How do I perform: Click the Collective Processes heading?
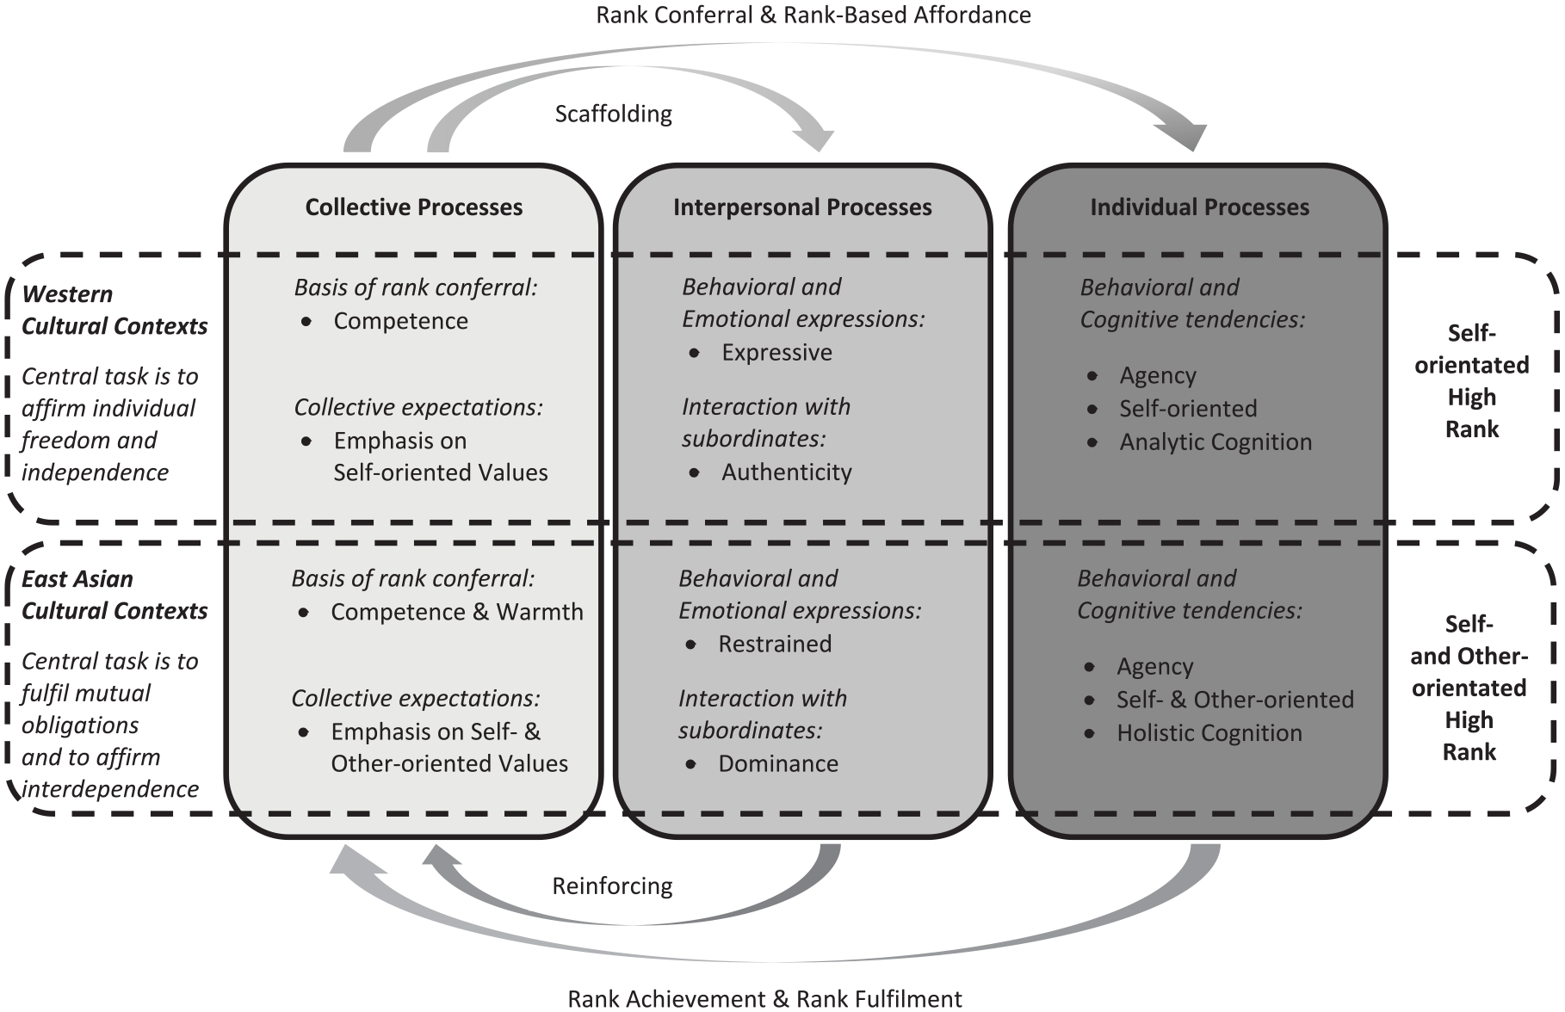pyautogui.click(x=414, y=207)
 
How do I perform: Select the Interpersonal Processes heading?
pyautogui.click(x=802, y=207)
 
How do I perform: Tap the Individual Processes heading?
pyautogui.click(x=1200, y=207)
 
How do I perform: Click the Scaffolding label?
pyautogui.click(x=613, y=114)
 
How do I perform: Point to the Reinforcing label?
pyautogui.click(x=612, y=885)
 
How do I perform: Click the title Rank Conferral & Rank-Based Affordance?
pyautogui.click(x=813, y=15)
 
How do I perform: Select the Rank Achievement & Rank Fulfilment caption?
pyautogui.click(x=765, y=998)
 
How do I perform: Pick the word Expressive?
pyautogui.click(x=776, y=353)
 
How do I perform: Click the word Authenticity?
pyautogui.click(x=787, y=472)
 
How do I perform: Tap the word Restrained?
pyautogui.click(x=775, y=644)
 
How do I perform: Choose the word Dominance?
pyautogui.click(x=778, y=763)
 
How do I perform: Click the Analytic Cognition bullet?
pyautogui.click(x=1216, y=442)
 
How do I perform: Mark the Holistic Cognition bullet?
pyautogui.click(x=1209, y=733)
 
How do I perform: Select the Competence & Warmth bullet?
pyautogui.click(x=457, y=612)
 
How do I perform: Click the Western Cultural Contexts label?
pyautogui.click(x=114, y=310)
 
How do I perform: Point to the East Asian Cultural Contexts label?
pyautogui.click(x=114, y=595)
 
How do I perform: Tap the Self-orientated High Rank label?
pyautogui.click(x=1472, y=381)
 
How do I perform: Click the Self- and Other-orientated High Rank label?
pyautogui.click(x=1469, y=688)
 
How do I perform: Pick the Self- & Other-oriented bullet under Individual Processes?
pyautogui.click(x=1235, y=700)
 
